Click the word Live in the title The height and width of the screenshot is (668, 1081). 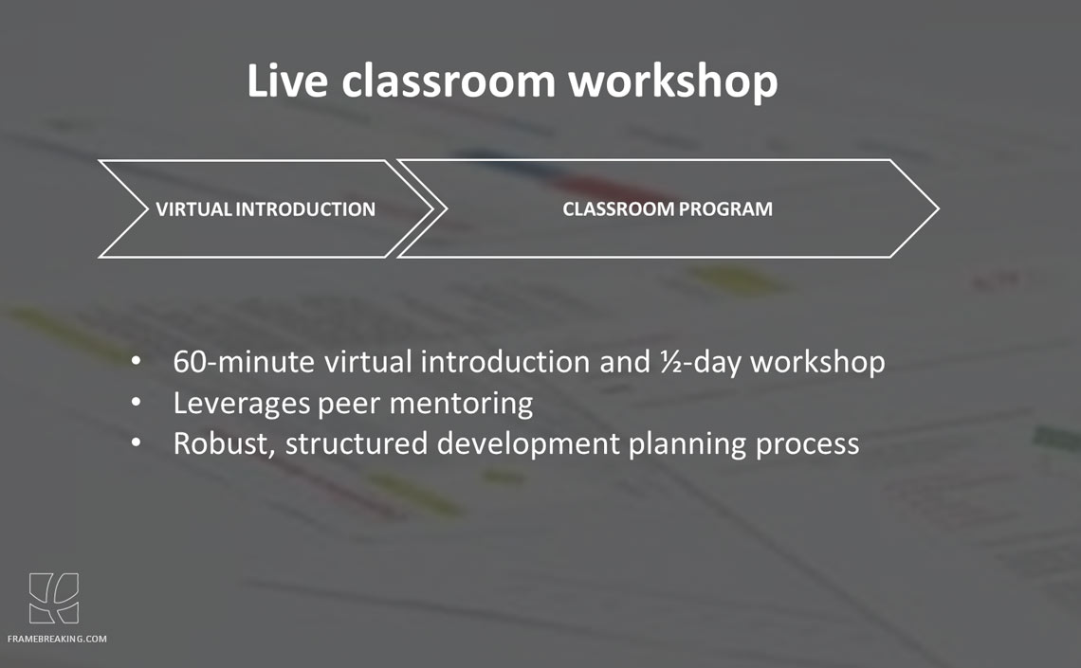pyautogui.click(x=286, y=80)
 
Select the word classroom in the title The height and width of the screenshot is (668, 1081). pyautogui.click(x=449, y=80)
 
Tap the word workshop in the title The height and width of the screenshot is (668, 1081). pyautogui.click(x=673, y=82)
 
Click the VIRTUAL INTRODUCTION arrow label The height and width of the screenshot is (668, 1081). pyautogui.click(x=266, y=208)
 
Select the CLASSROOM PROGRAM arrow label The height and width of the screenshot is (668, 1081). pyautogui.click(x=668, y=208)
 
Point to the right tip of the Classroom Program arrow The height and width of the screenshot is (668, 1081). pyautogui.click(x=939, y=208)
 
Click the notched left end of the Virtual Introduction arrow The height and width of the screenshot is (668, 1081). pyautogui.click(x=147, y=208)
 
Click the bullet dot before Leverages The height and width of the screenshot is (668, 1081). pyautogui.click(x=136, y=402)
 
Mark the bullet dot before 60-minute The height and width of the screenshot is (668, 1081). pyautogui.click(x=136, y=361)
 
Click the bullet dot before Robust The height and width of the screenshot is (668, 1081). pyautogui.click(x=136, y=442)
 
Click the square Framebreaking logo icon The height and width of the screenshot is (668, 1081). pyautogui.click(x=54, y=599)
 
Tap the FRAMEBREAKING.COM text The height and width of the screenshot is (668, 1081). pyautogui.click(x=57, y=639)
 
